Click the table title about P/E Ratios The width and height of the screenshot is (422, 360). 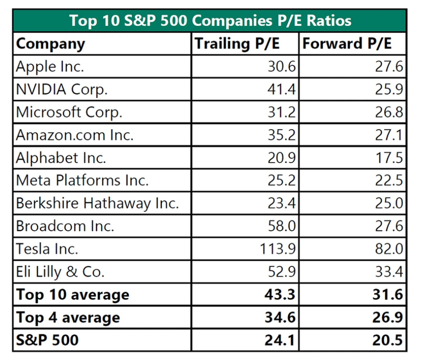(x=210, y=20)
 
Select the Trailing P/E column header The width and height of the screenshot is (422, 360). (x=237, y=44)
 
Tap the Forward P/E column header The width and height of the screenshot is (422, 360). (x=347, y=44)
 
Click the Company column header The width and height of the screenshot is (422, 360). (x=50, y=44)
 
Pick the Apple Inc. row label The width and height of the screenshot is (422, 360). (x=50, y=67)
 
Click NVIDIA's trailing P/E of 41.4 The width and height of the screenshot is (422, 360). (x=283, y=89)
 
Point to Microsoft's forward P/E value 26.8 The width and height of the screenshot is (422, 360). (x=389, y=112)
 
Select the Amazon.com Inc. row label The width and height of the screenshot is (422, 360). (x=75, y=135)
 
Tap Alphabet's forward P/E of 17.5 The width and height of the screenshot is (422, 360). (x=390, y=158)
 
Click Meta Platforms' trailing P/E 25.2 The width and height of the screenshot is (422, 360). (x=283, y=181)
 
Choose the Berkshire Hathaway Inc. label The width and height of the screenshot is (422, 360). (x=98, y=204)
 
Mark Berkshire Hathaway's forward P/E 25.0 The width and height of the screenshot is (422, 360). (x=389, y=204)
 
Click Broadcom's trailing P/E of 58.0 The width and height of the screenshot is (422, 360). (x=283, y=226)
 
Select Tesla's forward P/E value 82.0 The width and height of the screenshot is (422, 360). (x=389, y=249)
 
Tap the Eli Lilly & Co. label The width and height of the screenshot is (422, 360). (x=60, y=272)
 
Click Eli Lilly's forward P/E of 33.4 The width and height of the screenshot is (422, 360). (x=389, y=272)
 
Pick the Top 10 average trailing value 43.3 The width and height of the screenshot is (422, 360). (x=280, y=295)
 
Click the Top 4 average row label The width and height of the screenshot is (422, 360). (x=68, y=317)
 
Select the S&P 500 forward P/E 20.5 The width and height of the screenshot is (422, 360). (x=387, y=340)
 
